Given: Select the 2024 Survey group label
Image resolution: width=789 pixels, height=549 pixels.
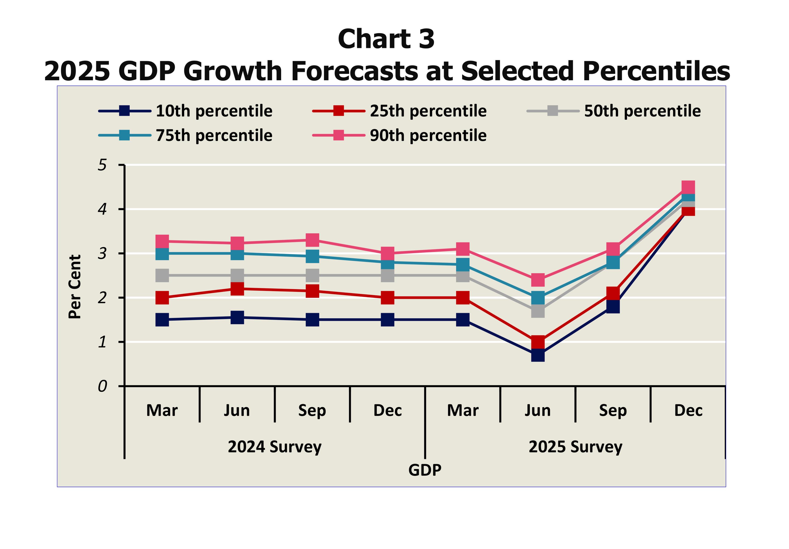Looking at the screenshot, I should [275, 447].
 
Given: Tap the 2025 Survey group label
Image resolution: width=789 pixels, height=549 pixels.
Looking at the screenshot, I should [575, 447].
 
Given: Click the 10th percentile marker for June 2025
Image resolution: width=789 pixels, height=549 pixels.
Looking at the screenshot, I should [538, 355].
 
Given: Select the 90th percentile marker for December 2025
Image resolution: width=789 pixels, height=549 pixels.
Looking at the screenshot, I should [688, 187].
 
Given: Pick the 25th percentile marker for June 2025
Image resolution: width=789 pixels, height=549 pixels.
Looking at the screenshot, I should [538, 342].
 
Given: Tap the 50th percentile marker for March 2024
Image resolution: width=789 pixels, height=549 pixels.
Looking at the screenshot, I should [162, 275].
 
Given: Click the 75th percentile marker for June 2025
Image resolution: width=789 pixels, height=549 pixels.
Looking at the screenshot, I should [538, 298].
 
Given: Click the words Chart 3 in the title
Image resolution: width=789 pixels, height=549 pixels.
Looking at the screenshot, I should [386, 39].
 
